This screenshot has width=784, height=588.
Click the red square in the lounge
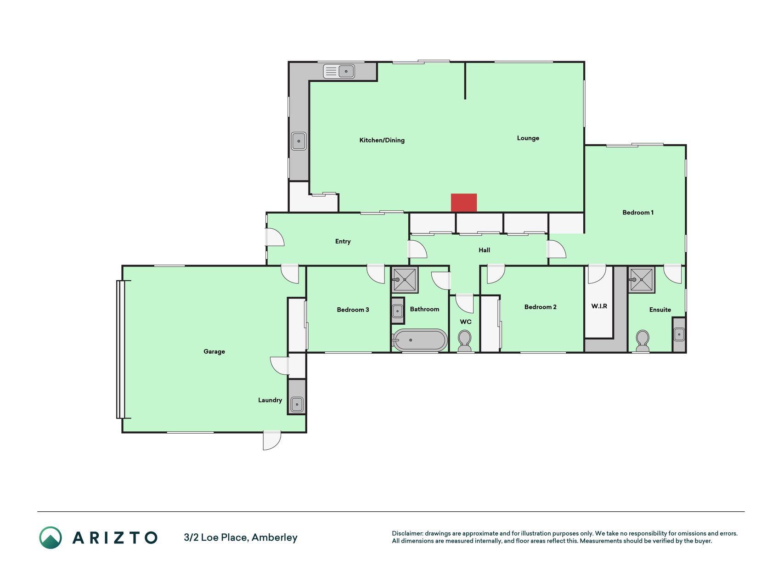pyautogui.click(x=464, y=203)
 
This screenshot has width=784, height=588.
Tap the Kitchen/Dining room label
pyautogui.click(x=382, y=140)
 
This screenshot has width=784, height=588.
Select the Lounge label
pyautogui.click(x=528, y=138)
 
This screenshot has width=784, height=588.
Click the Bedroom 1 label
pyautogui.click(x=638, y=212)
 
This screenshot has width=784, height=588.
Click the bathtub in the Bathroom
pyautogui.click(x=419, y=340)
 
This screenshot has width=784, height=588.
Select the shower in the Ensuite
pyautogui.click(x=641, y=279)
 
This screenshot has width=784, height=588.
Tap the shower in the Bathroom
pyautogui.click(x=405, y=279)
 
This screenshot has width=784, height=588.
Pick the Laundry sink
pyautogui.click(x=297, y=404)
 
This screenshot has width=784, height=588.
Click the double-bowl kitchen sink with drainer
pyautogui.click(x=339, y=71)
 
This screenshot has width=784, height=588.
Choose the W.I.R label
pyautogui.click(x=599, y=306)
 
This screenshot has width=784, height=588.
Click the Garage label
pyautogui.click(x=214, y=351)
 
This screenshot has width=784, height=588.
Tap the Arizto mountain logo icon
pyautogui.click(x=51, y=537)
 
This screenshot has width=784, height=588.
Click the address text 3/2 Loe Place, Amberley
pyautogui.click(x=241, y=537)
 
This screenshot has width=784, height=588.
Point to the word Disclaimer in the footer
pyautogui.click(x=407, y=533)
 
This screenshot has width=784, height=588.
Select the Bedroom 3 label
pyautogui.click(x=353, y=310)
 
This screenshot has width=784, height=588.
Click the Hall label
pyautogui.click(x=484, y=250)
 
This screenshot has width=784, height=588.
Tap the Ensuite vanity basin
pyautogui.click(x=679, y=334)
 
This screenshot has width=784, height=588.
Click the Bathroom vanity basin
pyautogui.click(x=398, y=311)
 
